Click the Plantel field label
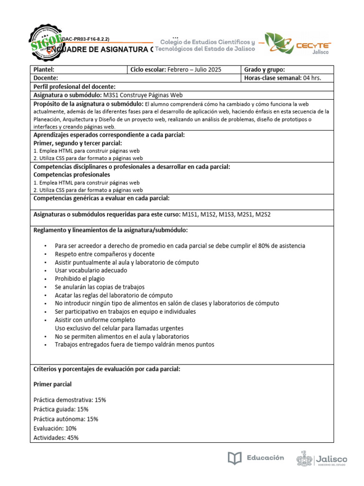[x=44, y=69]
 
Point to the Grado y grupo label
[x=264, y=69]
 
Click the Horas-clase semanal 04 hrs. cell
[x=282, y=78]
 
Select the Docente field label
[x=46, y=78]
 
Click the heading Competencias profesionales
[x=72, y=175]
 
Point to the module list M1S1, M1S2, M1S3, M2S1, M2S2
[x=226, y=215]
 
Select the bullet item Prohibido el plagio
[x=80, y=279]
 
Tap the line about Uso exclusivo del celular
[x=119, y=328]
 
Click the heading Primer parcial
[x=53, y=384]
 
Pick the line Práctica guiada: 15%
[x=61, y=409]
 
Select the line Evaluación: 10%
[x=55, y=428]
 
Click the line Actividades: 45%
[x=56, y=438]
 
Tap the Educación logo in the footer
[x=256, y=458]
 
